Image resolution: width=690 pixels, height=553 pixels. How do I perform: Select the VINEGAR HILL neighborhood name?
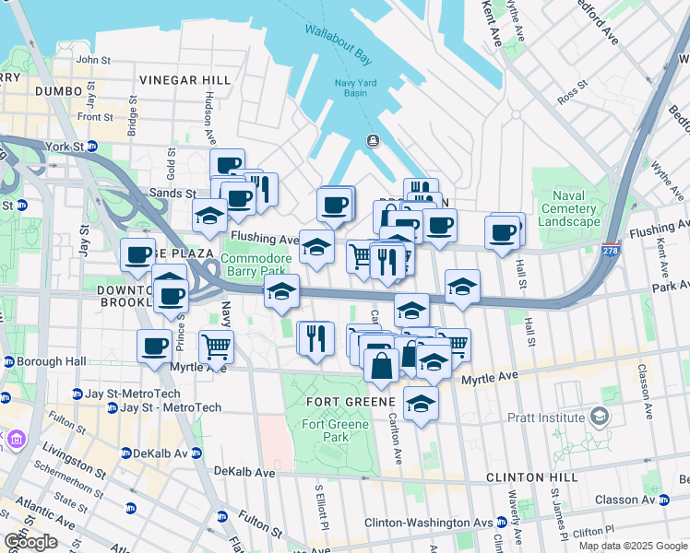[184, 80]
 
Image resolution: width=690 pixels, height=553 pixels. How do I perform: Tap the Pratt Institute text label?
[546, 418]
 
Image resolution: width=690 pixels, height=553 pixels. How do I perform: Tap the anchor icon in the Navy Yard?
[373, 141]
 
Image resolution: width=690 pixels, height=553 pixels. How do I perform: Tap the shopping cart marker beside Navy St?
[216, 347]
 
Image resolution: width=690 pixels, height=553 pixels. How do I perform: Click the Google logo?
[30, 542]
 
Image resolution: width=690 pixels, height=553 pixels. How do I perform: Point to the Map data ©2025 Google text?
[632, 546]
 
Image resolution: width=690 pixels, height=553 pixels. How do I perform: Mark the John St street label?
[93, 60]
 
